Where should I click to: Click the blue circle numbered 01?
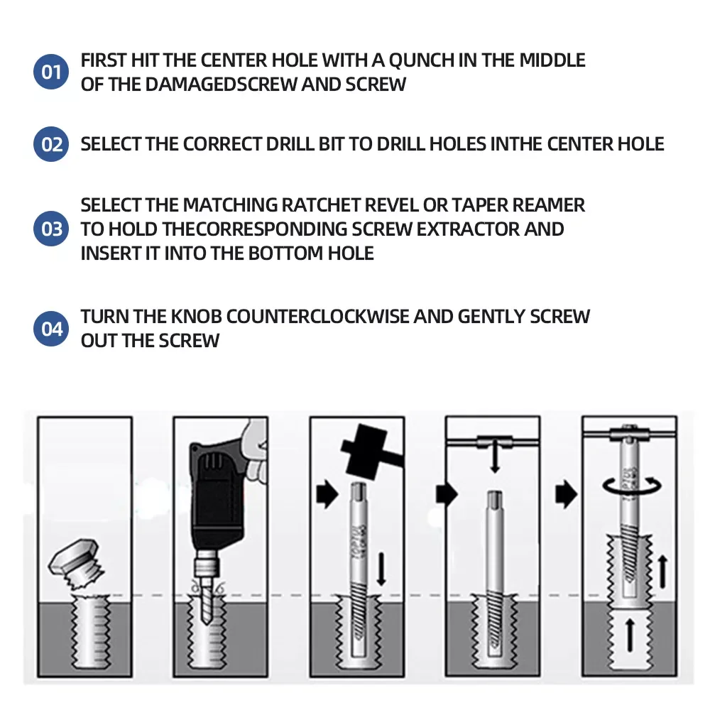coord(51,72)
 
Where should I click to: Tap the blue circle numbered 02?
coord(51,144)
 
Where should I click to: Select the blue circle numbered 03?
coord(51,229)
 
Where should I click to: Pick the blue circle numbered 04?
coord(51,329)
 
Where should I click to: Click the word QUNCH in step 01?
coord(421,60)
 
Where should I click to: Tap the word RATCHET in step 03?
coord(320,205)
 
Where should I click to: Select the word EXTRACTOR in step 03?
coord(468,229)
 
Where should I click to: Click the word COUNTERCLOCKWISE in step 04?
coord(317,317)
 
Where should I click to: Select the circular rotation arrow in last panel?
coord(632,486)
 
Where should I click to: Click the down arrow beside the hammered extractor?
coord(381,569)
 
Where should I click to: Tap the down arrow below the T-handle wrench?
coord(495,457)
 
